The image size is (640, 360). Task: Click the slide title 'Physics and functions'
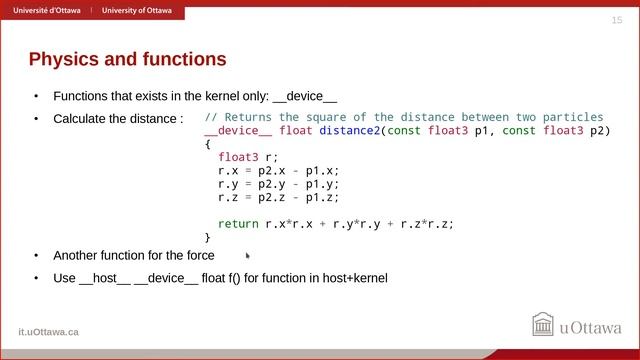[127, 60]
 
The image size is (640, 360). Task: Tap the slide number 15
[616, 21]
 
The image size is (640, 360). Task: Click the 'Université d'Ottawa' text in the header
[47, 10]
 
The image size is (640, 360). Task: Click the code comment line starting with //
[404, 117]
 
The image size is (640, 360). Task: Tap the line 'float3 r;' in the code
[248, 157]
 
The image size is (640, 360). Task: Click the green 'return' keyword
[238, 224]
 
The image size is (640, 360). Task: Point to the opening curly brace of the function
[208, 144]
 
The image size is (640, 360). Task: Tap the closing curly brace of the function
[208, 237]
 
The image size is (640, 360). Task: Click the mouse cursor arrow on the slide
[248, 256]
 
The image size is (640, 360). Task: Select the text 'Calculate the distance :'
[118, 119]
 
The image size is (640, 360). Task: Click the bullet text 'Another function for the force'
[133, 255]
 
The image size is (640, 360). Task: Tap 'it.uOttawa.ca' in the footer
[48, 331]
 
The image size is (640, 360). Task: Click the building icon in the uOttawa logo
[543, 325]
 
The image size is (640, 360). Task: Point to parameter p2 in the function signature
[598, 131]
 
